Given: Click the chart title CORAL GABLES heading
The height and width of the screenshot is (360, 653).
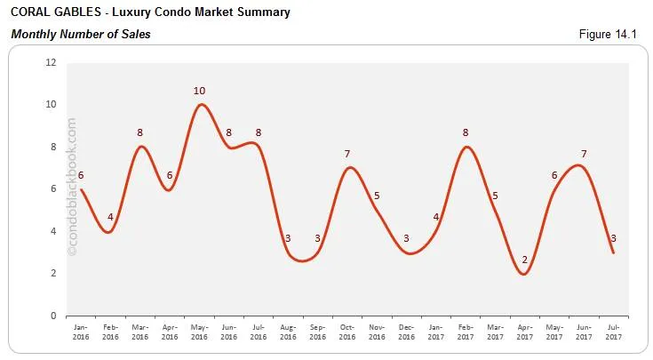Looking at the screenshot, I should tap(149, 13).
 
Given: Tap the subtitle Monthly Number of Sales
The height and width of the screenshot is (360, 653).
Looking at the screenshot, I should tap(80, 35).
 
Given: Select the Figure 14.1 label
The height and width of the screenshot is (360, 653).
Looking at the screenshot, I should tap(614, 35).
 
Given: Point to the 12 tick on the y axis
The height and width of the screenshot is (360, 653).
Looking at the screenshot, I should tap(51, 63).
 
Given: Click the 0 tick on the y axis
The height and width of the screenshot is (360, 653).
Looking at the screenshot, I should tap(53, 316).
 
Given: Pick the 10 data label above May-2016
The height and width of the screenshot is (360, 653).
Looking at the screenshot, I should tap(201, 91).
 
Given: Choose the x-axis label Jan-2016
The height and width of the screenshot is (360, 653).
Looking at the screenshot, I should tap(81, 332).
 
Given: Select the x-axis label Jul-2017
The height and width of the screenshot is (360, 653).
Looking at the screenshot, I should tap(613, 332).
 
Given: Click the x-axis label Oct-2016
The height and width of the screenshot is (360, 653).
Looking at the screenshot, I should tap(348, 332).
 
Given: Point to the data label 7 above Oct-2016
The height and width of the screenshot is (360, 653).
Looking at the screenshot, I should tap(348, 155).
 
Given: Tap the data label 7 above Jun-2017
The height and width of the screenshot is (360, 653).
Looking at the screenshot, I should tap(584, 155).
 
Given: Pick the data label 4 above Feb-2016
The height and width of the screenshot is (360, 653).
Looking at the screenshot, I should tap(111, 218).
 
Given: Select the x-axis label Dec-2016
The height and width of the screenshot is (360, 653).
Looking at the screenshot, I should tap(407, 332).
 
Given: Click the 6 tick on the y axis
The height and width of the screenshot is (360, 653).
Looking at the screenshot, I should tap(53, 189).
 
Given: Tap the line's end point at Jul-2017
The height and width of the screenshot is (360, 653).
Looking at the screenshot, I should tap(613, 252).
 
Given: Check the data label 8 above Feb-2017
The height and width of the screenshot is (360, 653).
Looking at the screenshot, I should tap(466, 133).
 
